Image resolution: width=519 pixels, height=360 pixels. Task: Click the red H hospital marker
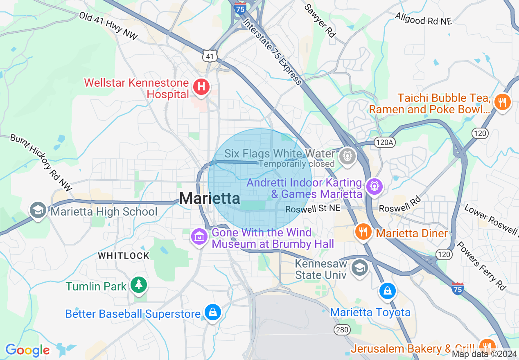tap(201, 87)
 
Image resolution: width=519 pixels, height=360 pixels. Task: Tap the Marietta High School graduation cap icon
tap(38, 210)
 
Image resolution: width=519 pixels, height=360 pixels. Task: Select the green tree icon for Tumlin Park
tap(139, 285)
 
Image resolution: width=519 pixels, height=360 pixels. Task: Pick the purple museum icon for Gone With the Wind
tap(199, 237)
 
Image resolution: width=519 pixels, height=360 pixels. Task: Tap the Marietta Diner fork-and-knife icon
tap(363, 232)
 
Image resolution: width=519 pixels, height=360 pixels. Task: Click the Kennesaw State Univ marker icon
tap(360, 268)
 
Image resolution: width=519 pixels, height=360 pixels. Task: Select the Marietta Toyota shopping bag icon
tap(387, 291)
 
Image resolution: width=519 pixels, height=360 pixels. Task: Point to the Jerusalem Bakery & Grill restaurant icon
tap(487, 344)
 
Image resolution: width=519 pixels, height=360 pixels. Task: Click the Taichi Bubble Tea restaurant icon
tap(502, 101)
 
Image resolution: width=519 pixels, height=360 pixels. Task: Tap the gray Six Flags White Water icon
tap(348, 156)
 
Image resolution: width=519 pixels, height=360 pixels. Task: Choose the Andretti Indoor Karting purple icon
tap(374, 187)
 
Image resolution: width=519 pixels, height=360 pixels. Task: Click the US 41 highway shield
tap(210, 56)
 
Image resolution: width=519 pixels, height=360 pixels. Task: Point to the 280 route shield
tap(342, 330)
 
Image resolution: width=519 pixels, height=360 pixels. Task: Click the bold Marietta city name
tap(210, 198)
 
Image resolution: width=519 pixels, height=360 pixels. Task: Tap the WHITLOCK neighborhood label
tap(124, 256)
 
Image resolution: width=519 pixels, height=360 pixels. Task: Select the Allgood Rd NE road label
tap(424, 18)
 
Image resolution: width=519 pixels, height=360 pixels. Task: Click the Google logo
tap(27, 350)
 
